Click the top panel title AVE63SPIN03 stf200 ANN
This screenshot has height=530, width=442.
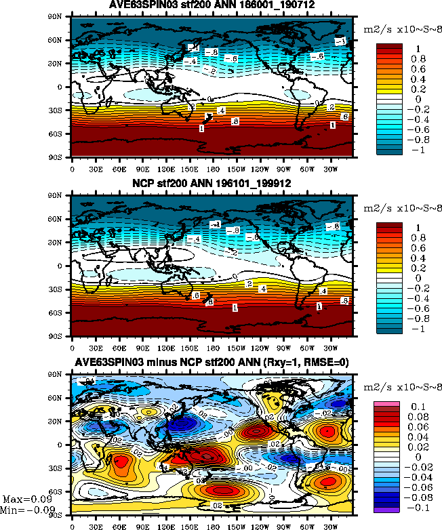pyautogui.click(x=212, y=6)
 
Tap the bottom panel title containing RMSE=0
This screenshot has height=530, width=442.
pyautogui.click(x=212, y=363)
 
